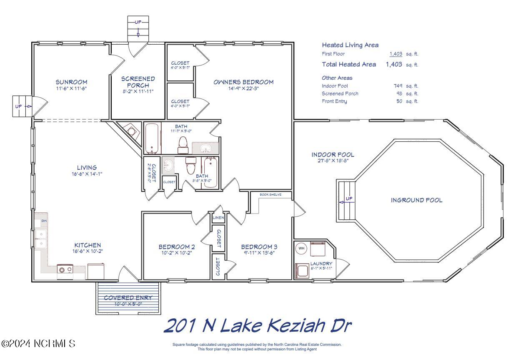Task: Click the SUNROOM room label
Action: click(x=71, y=82)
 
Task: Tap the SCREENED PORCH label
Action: click(x=138, y=82)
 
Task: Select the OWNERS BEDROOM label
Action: click(x=243, y=82)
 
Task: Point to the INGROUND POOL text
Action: click(x=416, y=200)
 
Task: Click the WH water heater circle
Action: click(x=301, y=249)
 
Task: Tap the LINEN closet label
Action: click(x=218, y=218)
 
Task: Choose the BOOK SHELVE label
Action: click(x=271, y=194)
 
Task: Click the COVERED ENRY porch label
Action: click(x=128, y=298)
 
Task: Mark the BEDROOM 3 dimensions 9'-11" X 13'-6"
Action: click(x=259, y=252)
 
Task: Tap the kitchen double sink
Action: click(x=41, y=239)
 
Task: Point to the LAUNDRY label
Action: click(x=321, y=264)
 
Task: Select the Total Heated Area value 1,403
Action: click(x=393, y=64)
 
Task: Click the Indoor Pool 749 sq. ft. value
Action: click(x=398, y=86)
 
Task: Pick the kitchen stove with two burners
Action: click(x=65, y=270)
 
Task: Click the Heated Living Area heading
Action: click(x=350, y=45)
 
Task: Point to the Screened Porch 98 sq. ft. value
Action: click(x=399, y=93)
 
